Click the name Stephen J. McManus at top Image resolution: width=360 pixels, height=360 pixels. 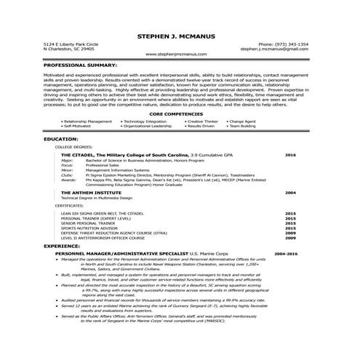(180, 35)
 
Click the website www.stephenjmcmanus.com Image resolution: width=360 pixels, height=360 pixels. (180, 55)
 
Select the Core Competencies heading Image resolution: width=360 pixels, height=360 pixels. (179, 114)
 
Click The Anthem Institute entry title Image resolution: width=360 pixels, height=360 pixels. (91, 193)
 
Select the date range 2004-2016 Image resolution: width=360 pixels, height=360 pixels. (286, 252)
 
